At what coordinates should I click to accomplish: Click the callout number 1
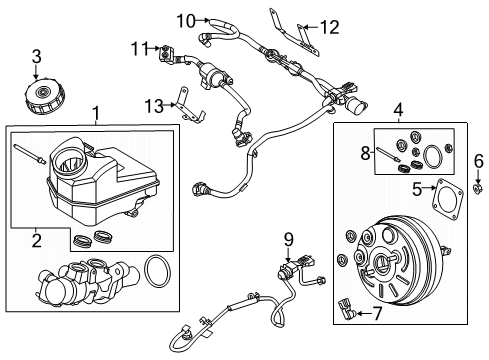click(96, 113)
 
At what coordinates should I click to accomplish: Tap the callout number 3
click(35, 55)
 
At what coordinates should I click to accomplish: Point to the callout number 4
click(399, 111)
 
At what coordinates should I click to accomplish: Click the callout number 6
click(478, 160)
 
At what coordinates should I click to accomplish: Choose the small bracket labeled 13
click(183, 105)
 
